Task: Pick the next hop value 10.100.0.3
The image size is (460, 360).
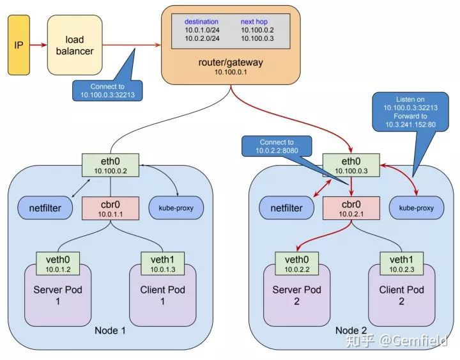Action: (x=258, y=39)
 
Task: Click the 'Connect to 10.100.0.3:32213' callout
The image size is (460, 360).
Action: (x=108, y=90)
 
